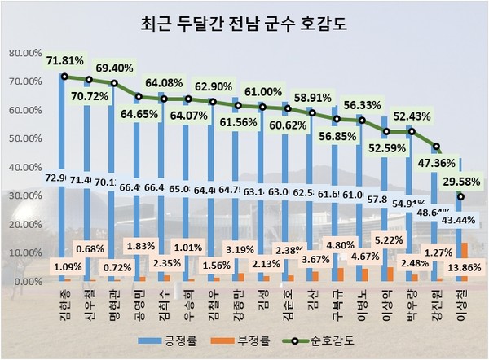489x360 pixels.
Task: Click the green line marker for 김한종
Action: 63,77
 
